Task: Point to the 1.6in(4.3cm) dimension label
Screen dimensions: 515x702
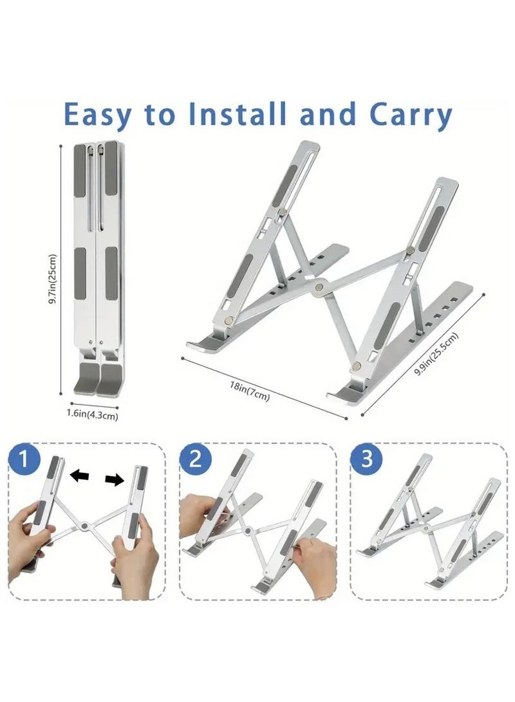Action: click(93, 413)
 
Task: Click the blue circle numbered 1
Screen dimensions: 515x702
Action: click(24, 460)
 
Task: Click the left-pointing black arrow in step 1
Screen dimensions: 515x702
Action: click(80, 475)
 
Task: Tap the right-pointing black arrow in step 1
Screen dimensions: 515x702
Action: click(115, 480)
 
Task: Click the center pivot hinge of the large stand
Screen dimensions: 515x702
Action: click(319, 287)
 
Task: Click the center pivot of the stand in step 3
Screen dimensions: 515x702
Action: click(425, 528)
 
